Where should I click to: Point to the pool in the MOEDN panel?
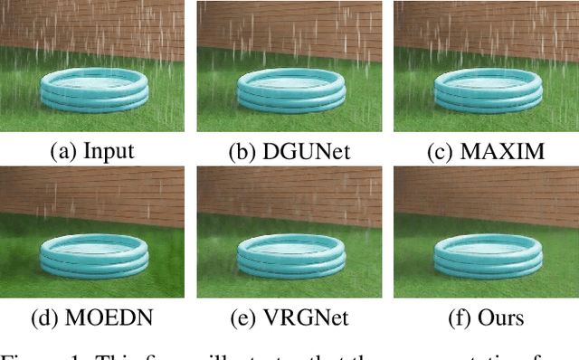(x=94, y=257)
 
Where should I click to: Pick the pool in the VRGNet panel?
(x=289, y=257)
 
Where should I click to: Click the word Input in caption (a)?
(x=109, y=150)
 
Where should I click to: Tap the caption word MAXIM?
(x=501, y=150)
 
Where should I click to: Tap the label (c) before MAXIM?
(x=441, y=150)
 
